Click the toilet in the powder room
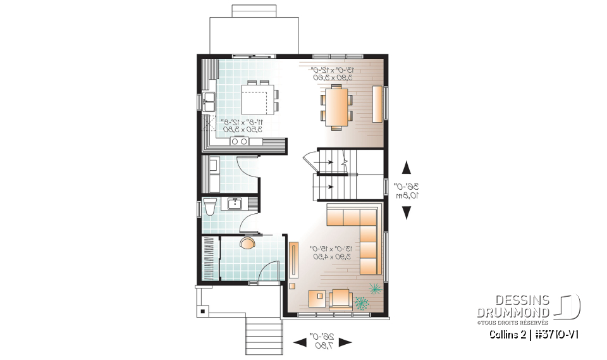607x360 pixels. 211,208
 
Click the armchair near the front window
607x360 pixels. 340,299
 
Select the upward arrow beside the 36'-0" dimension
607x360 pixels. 406,168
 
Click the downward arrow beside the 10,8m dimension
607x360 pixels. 406,213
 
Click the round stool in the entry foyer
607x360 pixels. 248,242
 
